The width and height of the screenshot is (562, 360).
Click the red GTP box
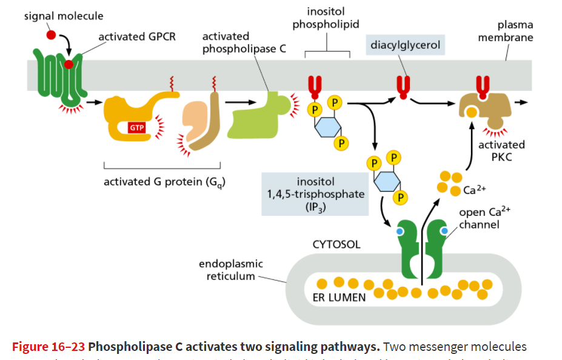click(135, 128)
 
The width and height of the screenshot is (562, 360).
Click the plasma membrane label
click(506, 32)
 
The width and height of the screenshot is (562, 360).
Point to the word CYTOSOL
click(336, 245)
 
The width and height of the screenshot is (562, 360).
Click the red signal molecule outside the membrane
click(51, 35)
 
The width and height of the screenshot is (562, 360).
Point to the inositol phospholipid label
click(326, 18)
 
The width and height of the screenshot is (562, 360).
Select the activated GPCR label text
click(137, 38)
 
